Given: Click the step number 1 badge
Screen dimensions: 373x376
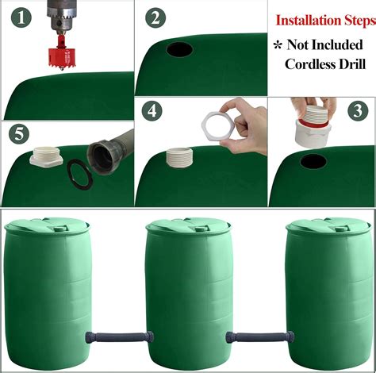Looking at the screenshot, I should pyautogui.click(x=18, y=18).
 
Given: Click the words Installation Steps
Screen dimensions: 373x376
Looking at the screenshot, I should pyautogui.click(x=322, y=19).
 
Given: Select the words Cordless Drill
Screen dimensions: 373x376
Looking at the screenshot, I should pyautogui.click(x=325, y=63).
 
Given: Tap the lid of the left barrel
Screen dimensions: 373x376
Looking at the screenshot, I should pyautogui.click(x=47, y=226).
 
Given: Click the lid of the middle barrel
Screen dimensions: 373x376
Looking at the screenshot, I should pyautogui.click(x=187, y=226).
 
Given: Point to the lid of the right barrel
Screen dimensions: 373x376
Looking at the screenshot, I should pyautogui.click(x=328, y=226).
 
